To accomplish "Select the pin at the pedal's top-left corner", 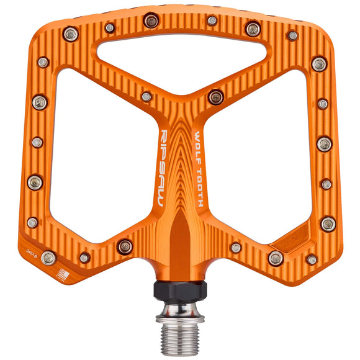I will click(x=71, y=34).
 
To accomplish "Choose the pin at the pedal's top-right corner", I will click(x=292, y=35).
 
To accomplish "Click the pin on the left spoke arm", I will click(x=146, y=97).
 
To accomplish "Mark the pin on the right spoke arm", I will click(x=215, y=96).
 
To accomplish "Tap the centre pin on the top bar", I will click(x=212, y=20).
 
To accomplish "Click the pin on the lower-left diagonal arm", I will click(x=125, y=246).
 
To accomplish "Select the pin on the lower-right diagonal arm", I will click(x=236, y=248).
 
